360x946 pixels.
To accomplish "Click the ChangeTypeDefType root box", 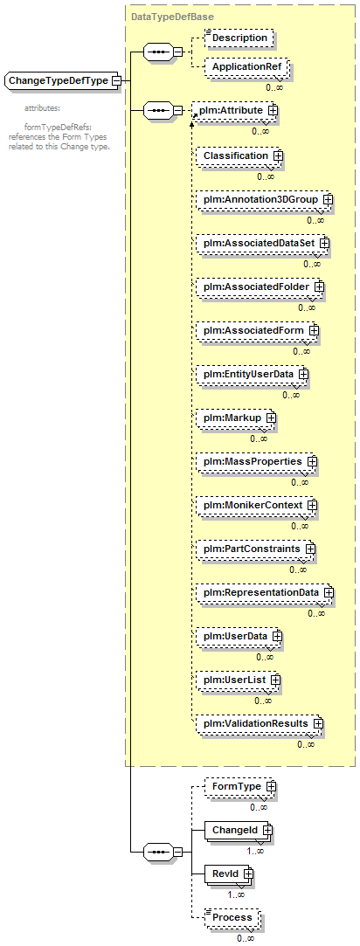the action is (x=61, y=80).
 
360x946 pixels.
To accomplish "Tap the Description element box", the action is (x=239, y=38).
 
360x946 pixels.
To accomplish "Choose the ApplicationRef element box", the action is (x=246, y=66).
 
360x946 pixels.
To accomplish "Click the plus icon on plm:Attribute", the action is (x=273, y=111).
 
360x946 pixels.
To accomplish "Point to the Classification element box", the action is (x=239, y=155).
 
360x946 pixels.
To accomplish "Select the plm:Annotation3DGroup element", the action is (x=265, y=200).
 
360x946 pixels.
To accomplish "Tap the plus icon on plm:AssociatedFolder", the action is (x=319, y=287).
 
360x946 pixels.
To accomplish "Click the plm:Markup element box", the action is (x=236, y=418).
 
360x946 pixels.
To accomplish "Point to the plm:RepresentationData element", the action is (x=265, y=592).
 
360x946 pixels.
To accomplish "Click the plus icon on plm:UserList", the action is (x=275, y=680).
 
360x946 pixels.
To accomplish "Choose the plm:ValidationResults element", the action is (x=260, y=722).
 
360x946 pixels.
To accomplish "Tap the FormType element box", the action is (x=240, y=787).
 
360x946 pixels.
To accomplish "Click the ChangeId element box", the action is (x=239, y=831).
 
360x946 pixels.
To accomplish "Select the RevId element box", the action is (x=229, y=873).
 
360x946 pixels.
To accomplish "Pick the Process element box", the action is (x=232, y=917).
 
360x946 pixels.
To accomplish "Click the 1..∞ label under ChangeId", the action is (x=255, y=852).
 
